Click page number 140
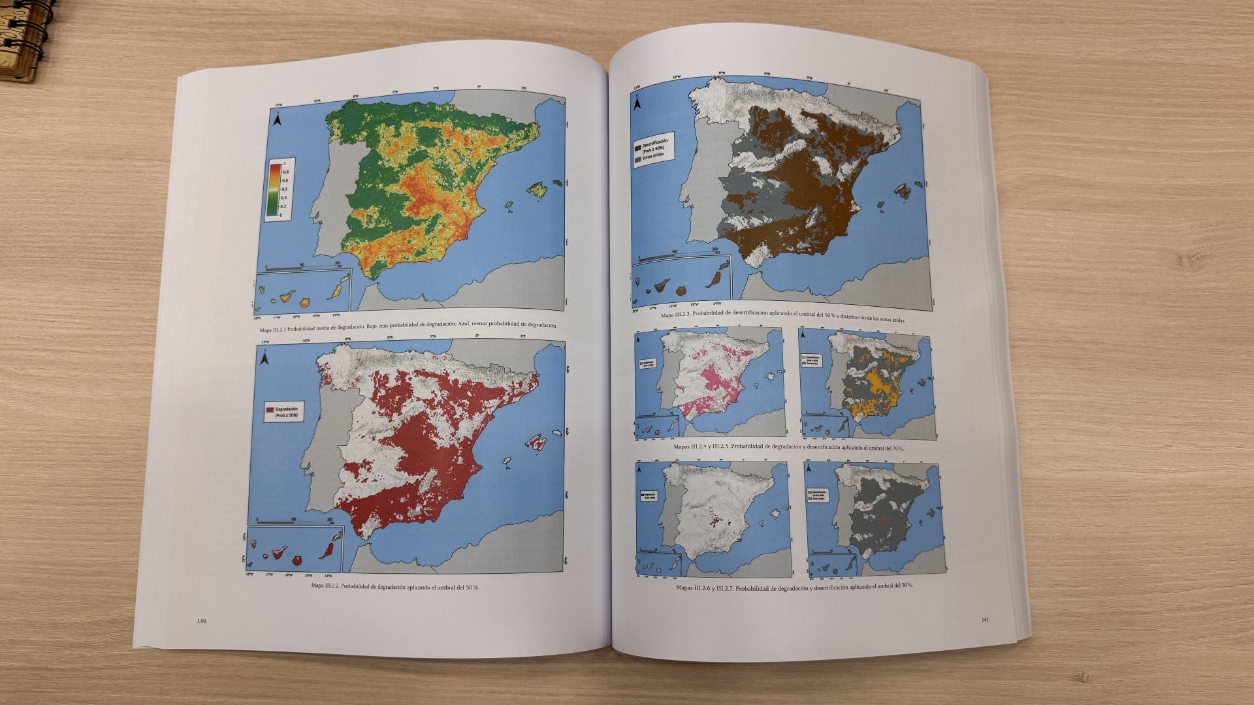[x=201, y=621]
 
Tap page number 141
[x=986, y=619]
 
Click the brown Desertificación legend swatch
[x=637, y=142]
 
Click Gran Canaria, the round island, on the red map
[x=298, y=559]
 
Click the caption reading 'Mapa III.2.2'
[x=325, y=587]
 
